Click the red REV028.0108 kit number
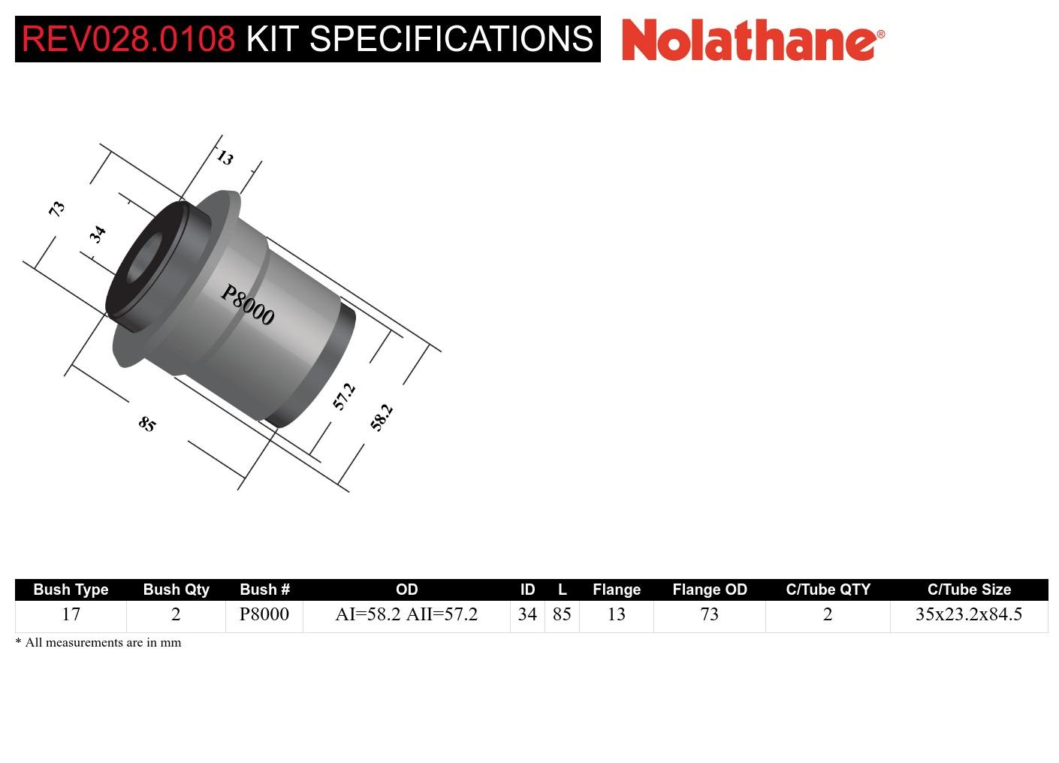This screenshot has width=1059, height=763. (x=128, y=39)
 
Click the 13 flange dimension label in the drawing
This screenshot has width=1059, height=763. (x=225, y=158)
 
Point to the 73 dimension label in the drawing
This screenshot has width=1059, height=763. (x=57, y=209)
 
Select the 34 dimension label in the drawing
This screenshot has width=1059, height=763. (x=98, y=234)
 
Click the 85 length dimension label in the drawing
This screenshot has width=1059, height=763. (x=147, y=424)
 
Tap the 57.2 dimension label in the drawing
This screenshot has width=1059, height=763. (x=344, y=397)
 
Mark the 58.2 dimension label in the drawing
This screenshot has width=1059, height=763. (x=382, y=418)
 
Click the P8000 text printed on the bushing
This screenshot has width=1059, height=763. (x=247, y=304)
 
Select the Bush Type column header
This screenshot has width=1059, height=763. (x=71, y=590)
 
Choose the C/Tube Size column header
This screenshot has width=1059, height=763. (x=969, y=590)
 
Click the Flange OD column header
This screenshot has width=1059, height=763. (x=710, y=590)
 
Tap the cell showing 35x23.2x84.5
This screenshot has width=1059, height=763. (x=968, y=614)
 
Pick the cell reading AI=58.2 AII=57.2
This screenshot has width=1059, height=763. (x=406, y=614)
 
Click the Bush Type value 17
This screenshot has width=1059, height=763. (x=71, y=614)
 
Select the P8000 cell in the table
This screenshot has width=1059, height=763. (x=264, y=614)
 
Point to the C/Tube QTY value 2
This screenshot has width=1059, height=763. (x=828, y=614)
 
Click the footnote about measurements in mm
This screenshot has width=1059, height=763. (x=98, y=643)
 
